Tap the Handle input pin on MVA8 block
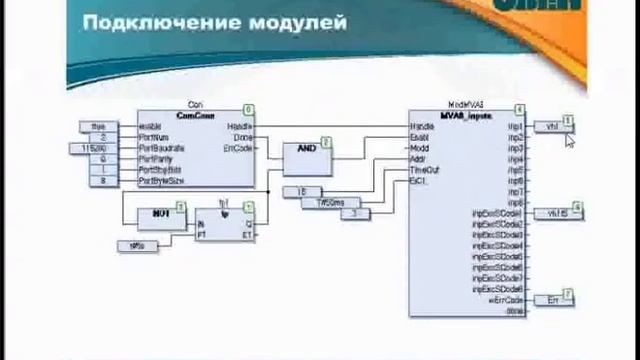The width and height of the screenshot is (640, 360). tap(421, 127)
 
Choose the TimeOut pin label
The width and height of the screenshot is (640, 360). tap(424, 170)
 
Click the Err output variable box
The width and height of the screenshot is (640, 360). tap(552, 299)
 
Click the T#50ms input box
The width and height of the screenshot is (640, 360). tap(329, 202)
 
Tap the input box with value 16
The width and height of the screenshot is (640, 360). tap(302, 191)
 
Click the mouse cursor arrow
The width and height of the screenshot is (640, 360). tap(570, 140)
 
